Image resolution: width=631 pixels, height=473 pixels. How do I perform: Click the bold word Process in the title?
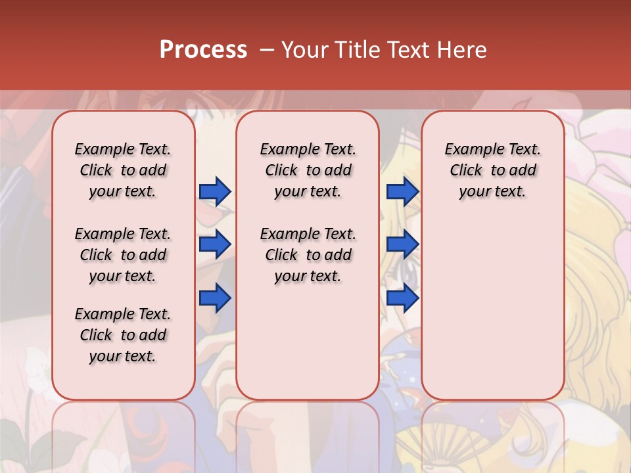click(203, 50)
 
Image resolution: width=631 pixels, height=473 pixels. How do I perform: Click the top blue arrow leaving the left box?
click(215, 191)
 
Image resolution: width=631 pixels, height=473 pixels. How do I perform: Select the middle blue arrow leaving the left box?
click(215, 244)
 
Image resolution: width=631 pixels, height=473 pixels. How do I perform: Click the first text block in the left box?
click(123, 170)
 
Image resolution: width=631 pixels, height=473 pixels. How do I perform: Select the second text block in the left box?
click(123, 255)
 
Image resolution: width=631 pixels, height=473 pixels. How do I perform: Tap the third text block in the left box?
click(123, 335)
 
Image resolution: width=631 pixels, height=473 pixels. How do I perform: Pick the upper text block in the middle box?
click(308, 170)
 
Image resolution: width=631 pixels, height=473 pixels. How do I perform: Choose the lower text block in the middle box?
click(308, 255)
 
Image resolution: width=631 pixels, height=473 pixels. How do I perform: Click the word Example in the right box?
click(469, 150)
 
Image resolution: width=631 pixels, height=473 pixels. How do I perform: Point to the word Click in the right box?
click(466, 171)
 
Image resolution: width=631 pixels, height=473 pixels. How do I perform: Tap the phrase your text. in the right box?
click(492, 192)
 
